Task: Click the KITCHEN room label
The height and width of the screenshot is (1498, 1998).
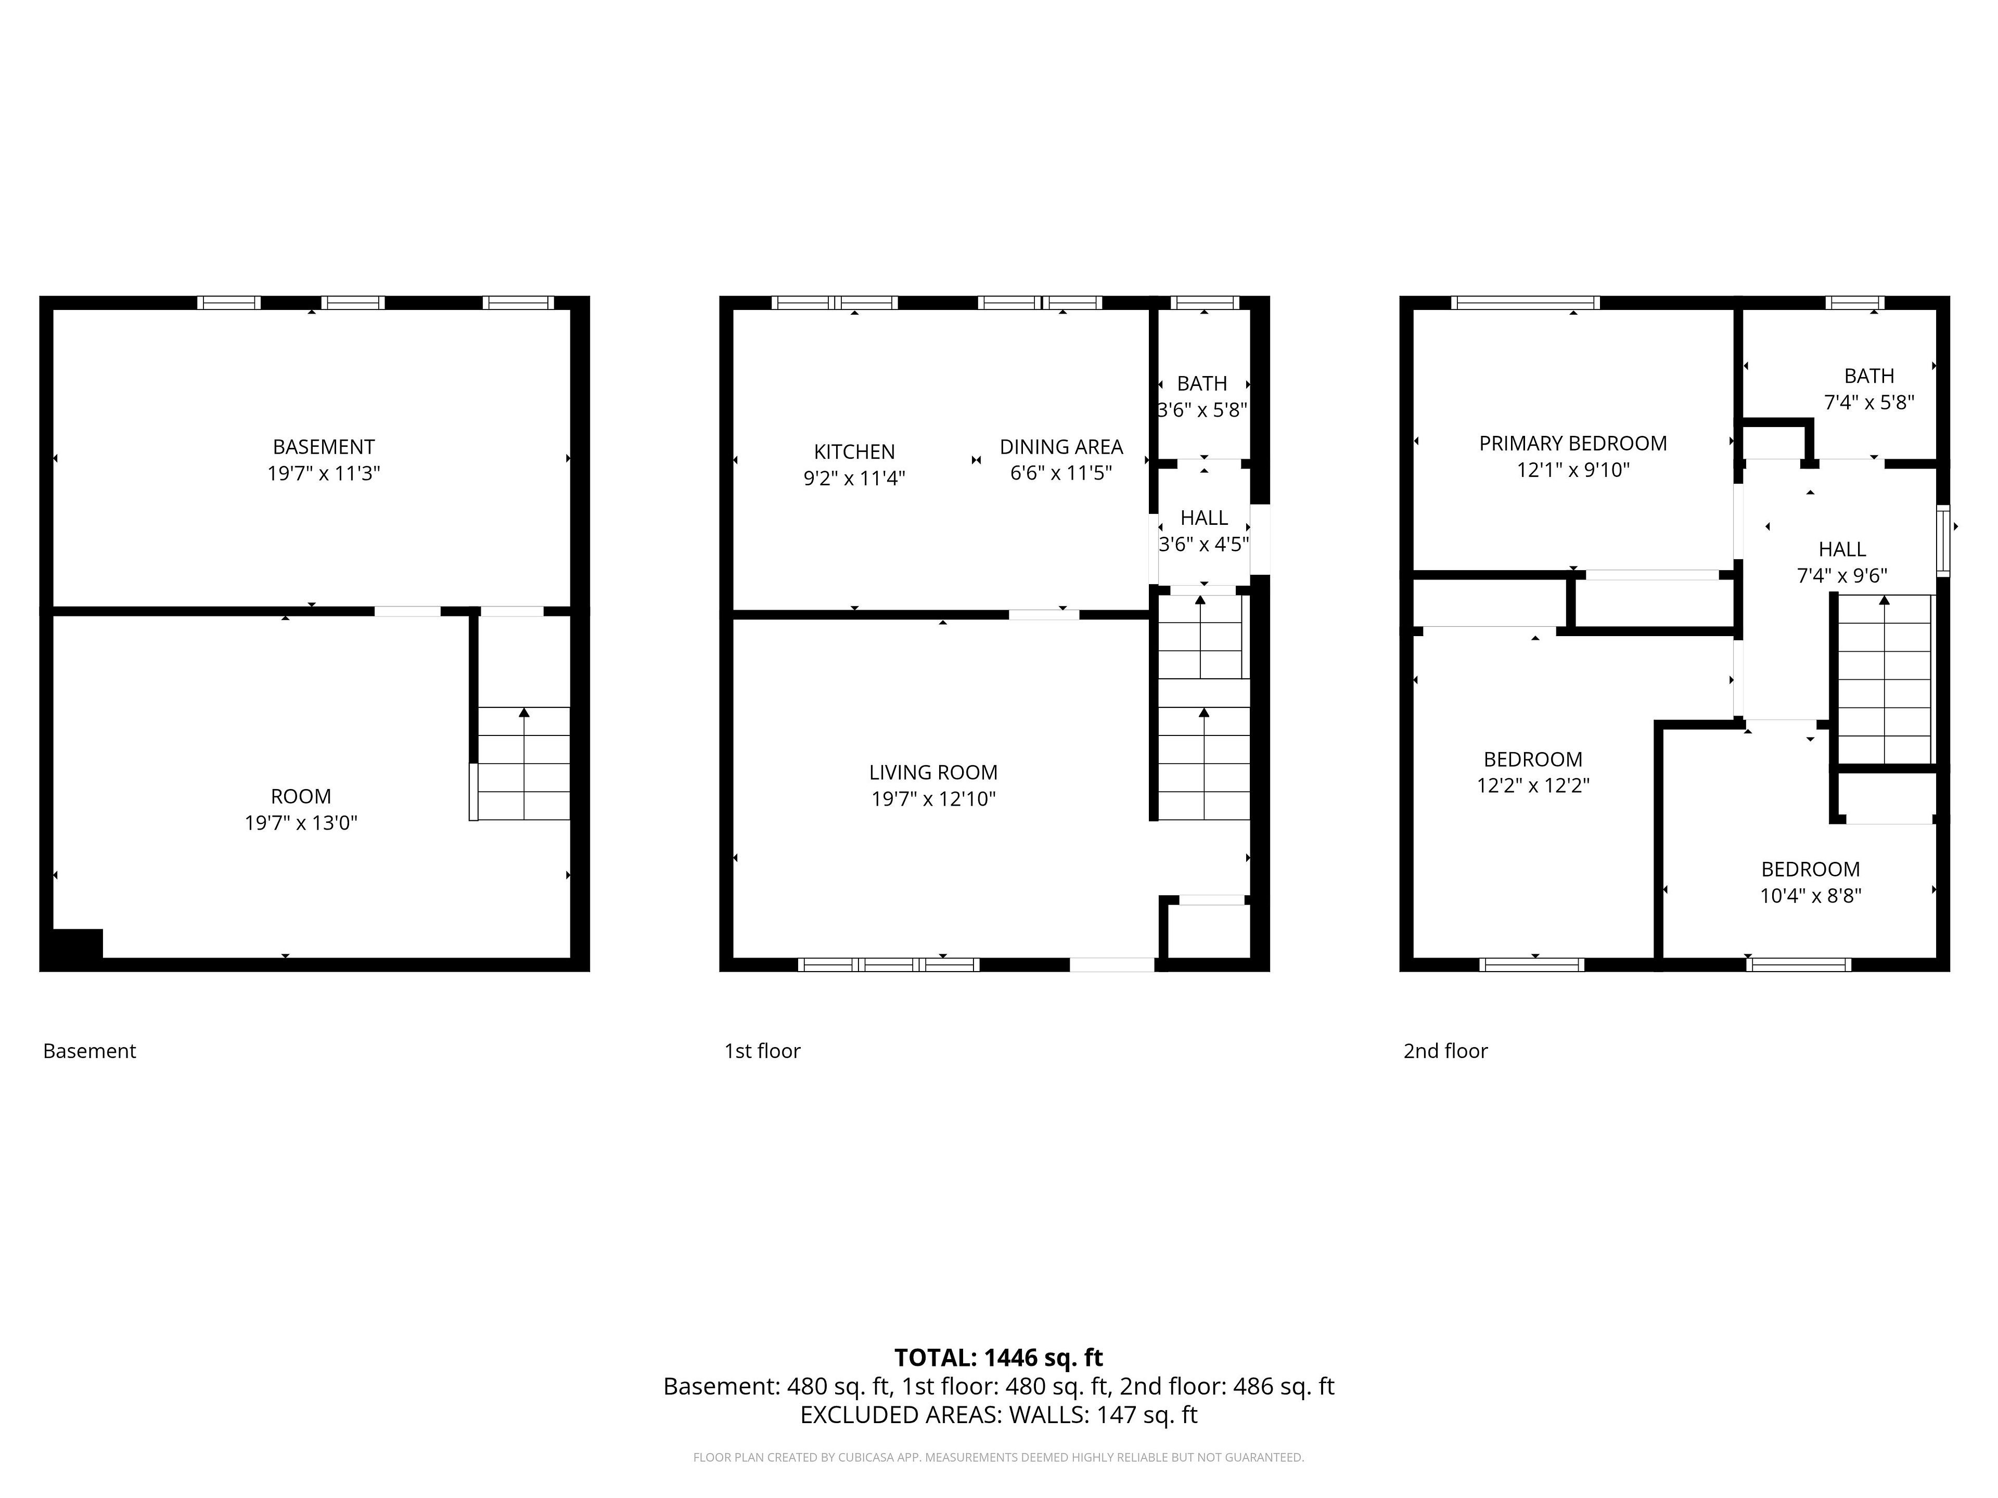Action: [854, 451]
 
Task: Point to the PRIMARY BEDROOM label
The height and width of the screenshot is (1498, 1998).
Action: [1572, 443]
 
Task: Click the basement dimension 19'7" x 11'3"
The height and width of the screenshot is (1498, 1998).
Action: [323, 473]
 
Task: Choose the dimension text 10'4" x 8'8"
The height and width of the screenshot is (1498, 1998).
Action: [1810, 896]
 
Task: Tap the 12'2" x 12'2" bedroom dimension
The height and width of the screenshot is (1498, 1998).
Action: [1533, 785]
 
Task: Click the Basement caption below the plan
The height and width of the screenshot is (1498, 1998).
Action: [89, 1051]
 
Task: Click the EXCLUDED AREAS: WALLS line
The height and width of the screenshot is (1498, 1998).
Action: [998, 1415]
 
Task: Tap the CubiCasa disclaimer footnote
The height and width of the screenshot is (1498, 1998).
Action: [998, 1457]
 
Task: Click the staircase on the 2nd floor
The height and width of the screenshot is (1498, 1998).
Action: [1885, 679]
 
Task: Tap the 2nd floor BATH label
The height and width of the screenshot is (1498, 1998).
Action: [1869, 376]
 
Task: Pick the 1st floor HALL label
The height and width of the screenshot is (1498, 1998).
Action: [1204, 518]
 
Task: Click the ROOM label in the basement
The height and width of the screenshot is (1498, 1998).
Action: [301, 796]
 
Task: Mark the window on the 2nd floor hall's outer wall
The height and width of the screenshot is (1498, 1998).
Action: [1943, 540]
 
